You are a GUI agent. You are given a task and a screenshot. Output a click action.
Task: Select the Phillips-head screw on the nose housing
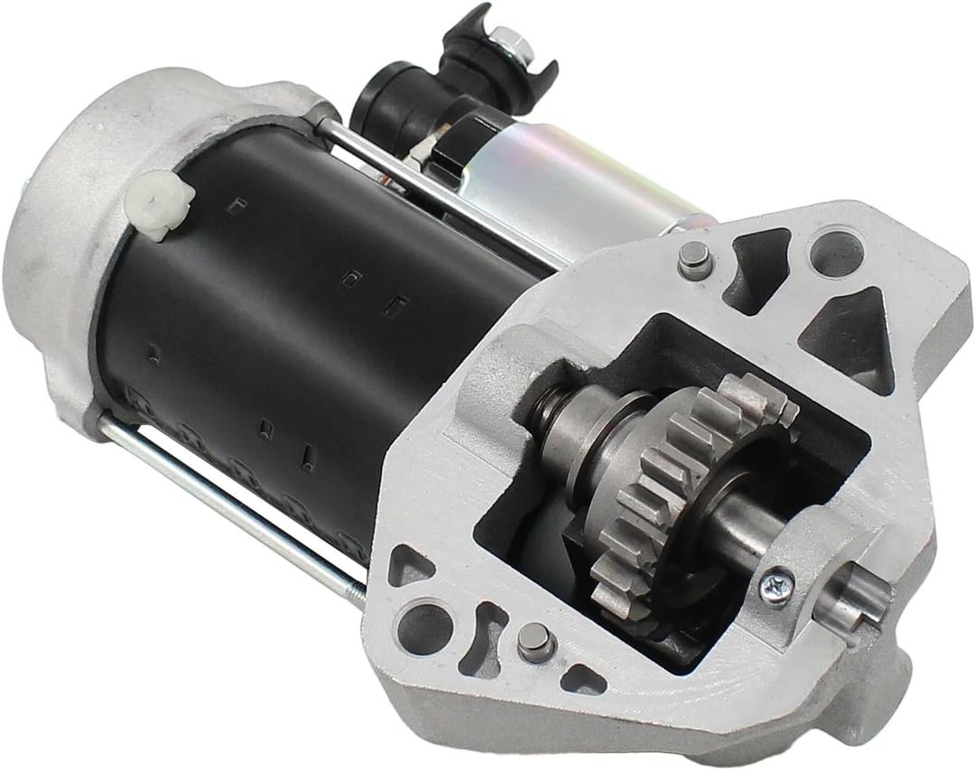point(776,586)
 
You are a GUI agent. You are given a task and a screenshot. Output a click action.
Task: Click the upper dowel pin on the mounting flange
point(694,258)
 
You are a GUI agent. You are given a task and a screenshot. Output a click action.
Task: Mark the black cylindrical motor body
point(298,334)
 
